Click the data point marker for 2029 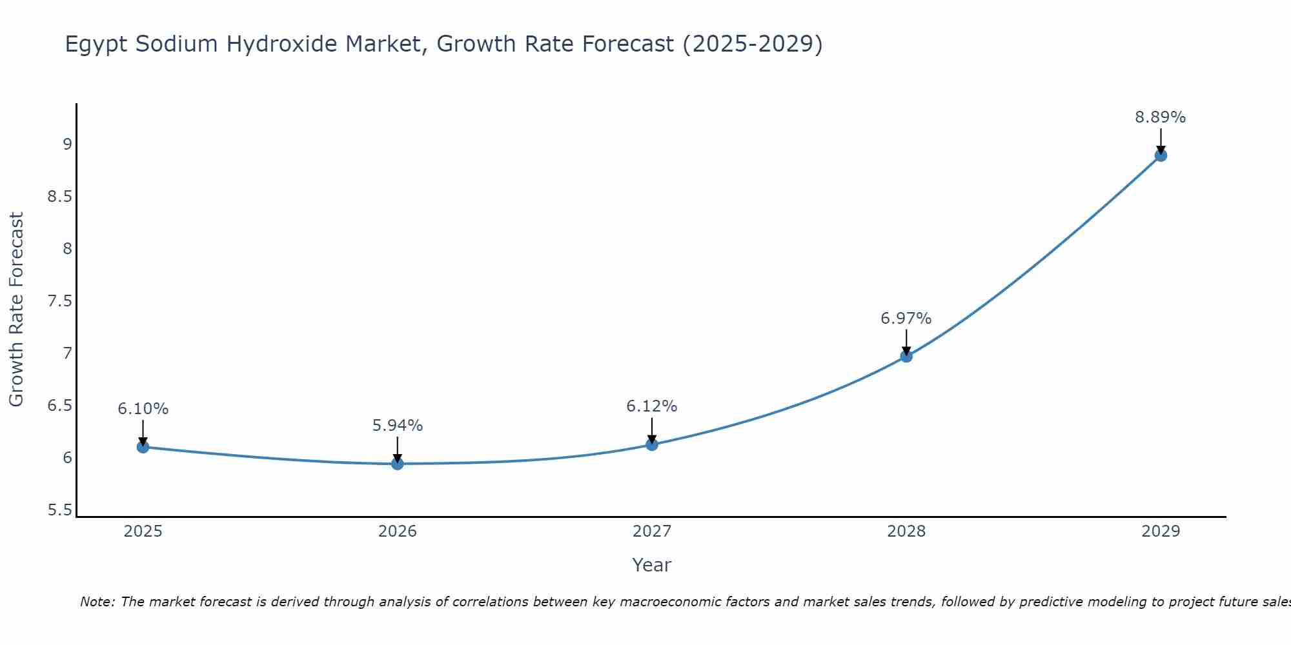pyautogui.click(x=1160, y=155)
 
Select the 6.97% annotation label pyautogui.click(x=906, y=319)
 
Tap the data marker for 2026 pyautogui.click(x=398, y=464)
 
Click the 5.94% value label pyautogui.click(x=398, y=426)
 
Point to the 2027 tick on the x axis pyautogui.click(x=651, y=531)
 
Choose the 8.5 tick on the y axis pyautogui.click(x=59, y=197)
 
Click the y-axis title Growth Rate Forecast pyautogui.click(x=16, y=310)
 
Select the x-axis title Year pyautogui.click(x=651, y=565)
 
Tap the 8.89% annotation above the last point pyautogui.click(x=1160, y=117)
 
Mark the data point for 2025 pyautogui.click(x=143, y=447)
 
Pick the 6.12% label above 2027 pyautogui.click(x=651, y=406)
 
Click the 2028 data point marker pyautogui.click(x=906, y=356)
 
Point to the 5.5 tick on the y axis pyautogui.click(x=59, y=511)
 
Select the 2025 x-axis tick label pyautogui.click(x=143, y=531)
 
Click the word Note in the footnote pyautogui.click(x=97, y=602)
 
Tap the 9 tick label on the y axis pyautogui.click(x=67, y=144)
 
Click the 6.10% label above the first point pyautogui.click(x=143, y=409)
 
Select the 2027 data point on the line pyautogui.click(x=651, y=444)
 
